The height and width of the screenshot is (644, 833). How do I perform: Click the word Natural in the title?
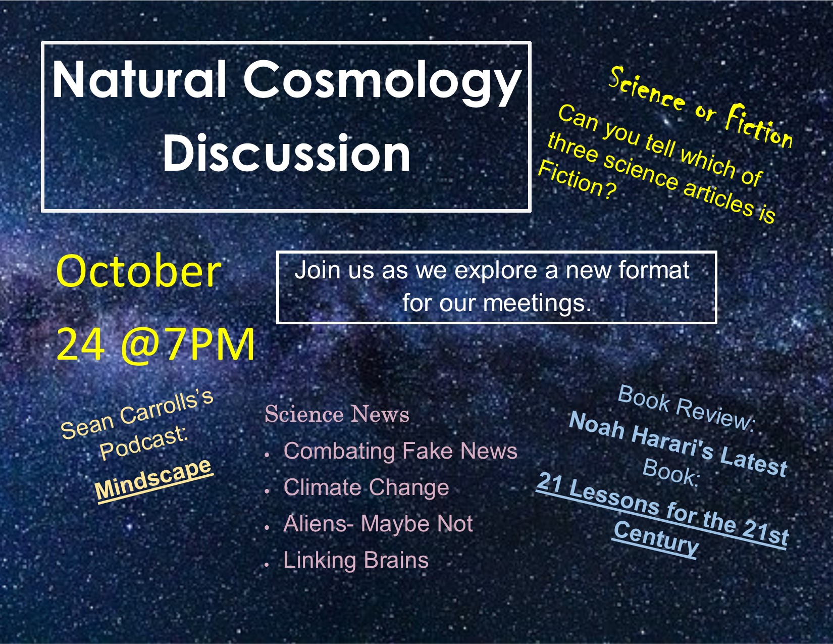click(139, 79)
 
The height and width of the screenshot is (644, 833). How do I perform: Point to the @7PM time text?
click(187, 344)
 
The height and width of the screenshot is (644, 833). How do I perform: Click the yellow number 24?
click(80, 344)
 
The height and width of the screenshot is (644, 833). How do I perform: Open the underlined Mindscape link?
click(153, 479)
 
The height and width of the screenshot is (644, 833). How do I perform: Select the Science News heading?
click(337, 414)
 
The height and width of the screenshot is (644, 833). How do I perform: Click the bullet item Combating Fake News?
click(400, 451)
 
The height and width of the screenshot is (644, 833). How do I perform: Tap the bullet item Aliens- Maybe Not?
click(378, 523)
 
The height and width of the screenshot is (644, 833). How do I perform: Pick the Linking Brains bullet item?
click(356, 560)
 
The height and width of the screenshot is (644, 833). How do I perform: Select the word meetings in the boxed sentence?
click(537, 304)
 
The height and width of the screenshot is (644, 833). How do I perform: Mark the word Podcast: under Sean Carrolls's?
click(144, 442)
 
